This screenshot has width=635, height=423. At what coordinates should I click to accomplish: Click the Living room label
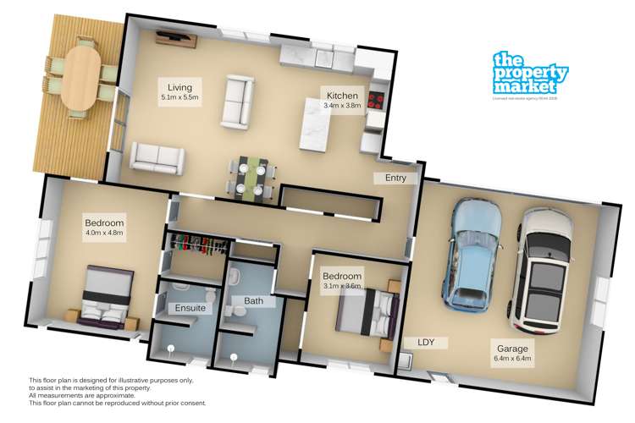click(179, 87)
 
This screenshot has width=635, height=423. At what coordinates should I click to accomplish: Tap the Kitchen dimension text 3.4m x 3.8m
click(344, 106)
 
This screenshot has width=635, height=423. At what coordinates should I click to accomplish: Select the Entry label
click(395, 179)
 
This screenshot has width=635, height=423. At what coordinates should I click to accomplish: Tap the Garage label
click(511, 346)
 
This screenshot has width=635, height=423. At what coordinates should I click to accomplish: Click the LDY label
click(426, 342)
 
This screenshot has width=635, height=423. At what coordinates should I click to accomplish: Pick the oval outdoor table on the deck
click(81, 79)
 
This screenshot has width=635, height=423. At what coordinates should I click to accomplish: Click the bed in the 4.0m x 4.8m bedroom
click(107, 296)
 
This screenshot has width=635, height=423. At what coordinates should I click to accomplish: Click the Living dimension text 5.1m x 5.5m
click(179, 98)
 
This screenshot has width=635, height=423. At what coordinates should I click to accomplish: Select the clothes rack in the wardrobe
click(197, 245)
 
